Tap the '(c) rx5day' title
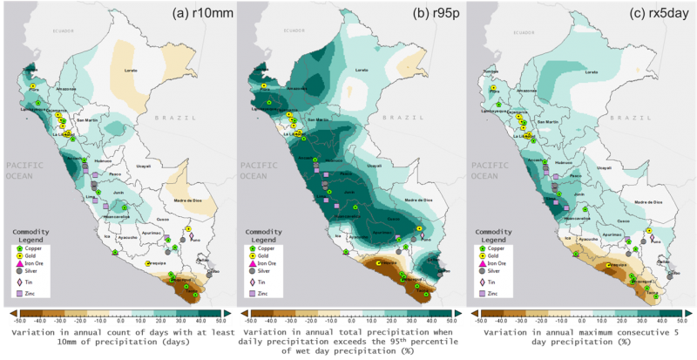tap(655, 12)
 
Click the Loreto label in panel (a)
tap(132, 70)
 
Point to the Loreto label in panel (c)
tap(593, 70)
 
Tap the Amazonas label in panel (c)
tap(529, 90)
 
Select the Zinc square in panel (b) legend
tap(250, 294)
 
